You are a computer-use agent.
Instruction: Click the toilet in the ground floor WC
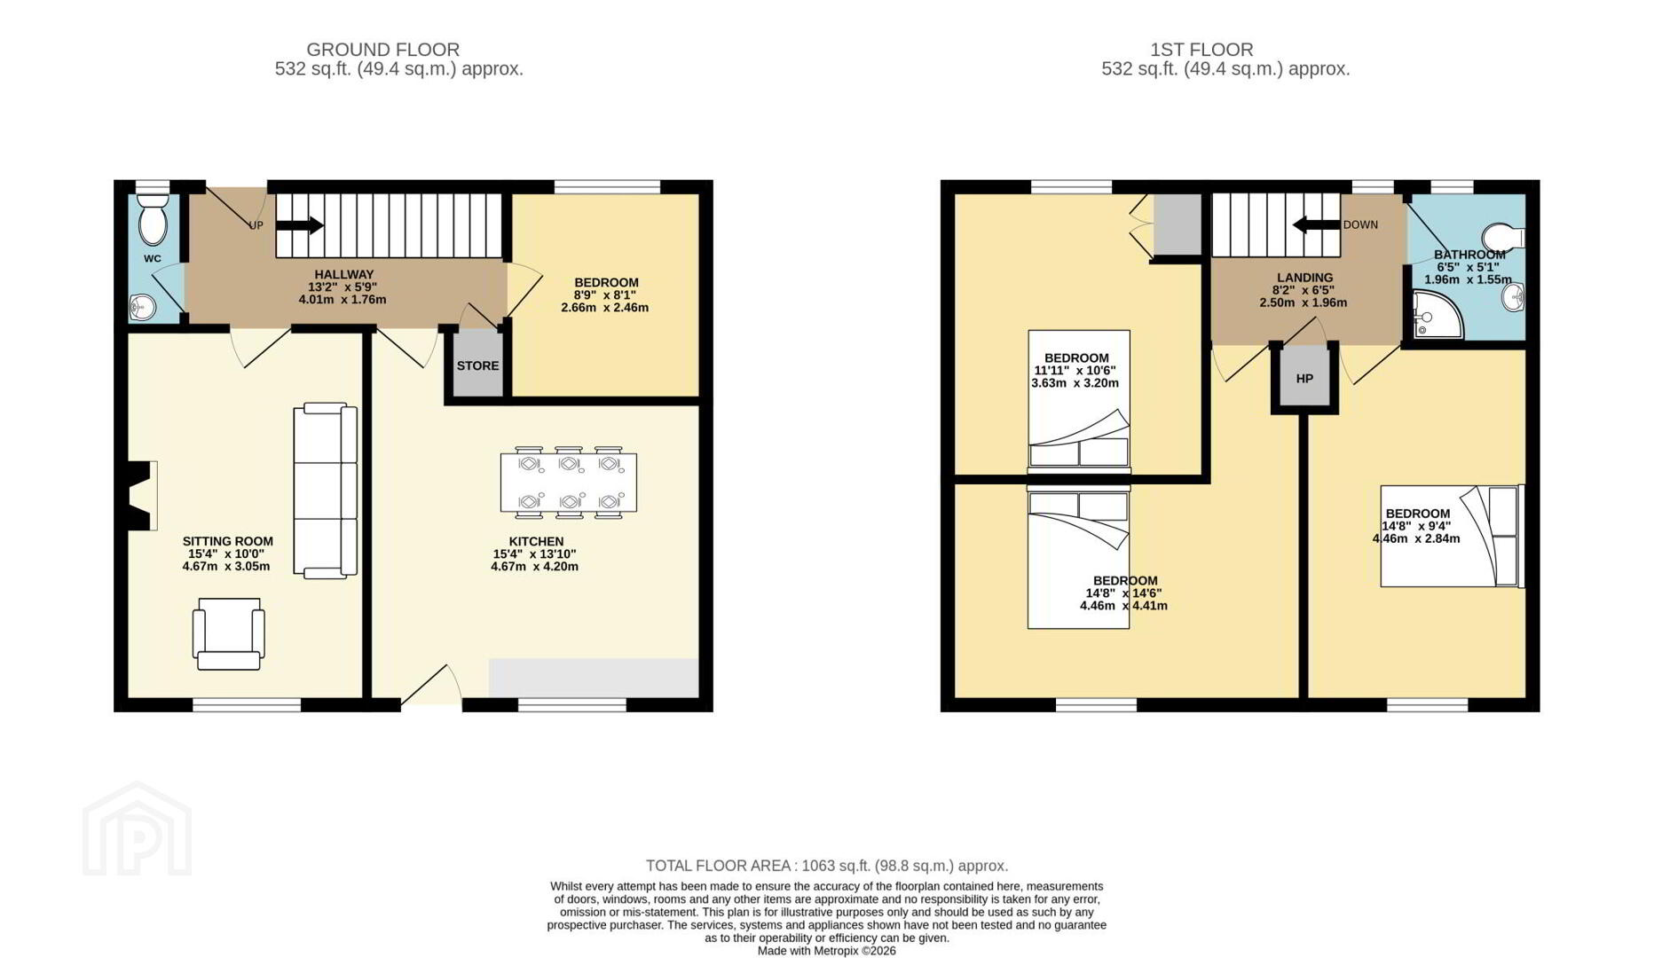(153, 219)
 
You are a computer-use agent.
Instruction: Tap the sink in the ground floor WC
(142, 308)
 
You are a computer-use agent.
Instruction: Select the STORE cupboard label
(477, 365)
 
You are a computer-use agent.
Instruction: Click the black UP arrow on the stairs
(300, 225)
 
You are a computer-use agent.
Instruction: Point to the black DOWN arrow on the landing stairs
(1316, 224)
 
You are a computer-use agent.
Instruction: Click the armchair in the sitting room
(229, 633)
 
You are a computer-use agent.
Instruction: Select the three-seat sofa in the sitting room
(326, 491)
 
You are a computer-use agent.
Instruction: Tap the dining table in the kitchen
(569, 483)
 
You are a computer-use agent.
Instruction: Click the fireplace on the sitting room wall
(141, 496)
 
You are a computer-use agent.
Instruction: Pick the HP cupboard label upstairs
(1304, 379)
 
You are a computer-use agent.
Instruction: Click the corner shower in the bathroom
(1437, 315)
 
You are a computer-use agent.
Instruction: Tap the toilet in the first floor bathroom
(1503, 236)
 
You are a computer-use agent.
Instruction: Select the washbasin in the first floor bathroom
(1514, 297)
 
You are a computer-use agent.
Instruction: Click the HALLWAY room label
(344, 275)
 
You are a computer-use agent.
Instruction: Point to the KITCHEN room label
(536, 541)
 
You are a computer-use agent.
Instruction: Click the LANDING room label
(1305, 278)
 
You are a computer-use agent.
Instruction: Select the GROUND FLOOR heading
(383, 50)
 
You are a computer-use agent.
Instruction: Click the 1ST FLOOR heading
(1202, 50)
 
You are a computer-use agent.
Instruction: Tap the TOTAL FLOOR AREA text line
(827, 866)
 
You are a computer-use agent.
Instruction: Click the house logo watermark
(138, 830)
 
